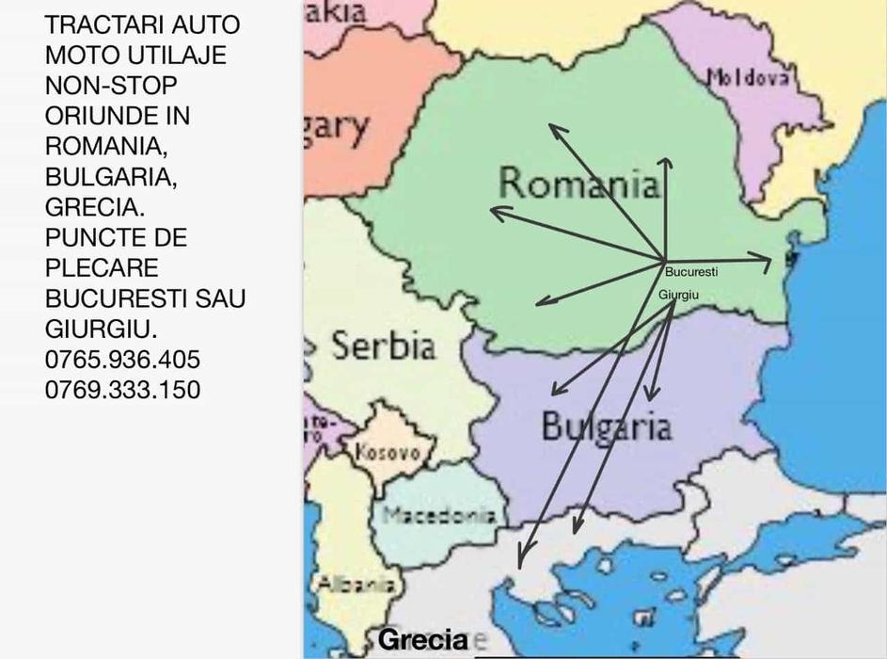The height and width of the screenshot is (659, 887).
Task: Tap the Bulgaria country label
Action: pos(606,426)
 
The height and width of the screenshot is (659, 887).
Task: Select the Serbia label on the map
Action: pos(383,346)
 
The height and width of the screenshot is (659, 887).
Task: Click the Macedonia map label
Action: pos(438,515)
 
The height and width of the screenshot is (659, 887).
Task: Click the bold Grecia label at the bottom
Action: pos(422,640)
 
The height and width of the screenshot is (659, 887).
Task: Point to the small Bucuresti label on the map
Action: pos(691,272)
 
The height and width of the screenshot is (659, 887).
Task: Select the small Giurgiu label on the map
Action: pos(678,295)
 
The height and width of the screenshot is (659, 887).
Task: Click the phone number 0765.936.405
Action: pos(122,360)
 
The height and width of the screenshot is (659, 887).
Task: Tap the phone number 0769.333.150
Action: pos(122,390)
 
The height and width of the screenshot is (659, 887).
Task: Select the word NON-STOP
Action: pos(111,86)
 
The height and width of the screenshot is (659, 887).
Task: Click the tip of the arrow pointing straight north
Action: pos(665,160)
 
